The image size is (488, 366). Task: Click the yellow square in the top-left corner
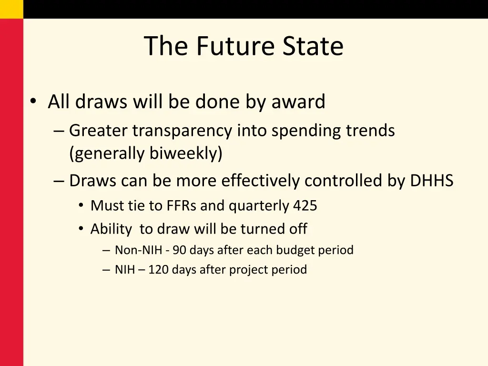11,9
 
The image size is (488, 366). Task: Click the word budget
299,250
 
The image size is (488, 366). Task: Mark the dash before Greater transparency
58,131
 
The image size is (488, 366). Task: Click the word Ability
111,229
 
